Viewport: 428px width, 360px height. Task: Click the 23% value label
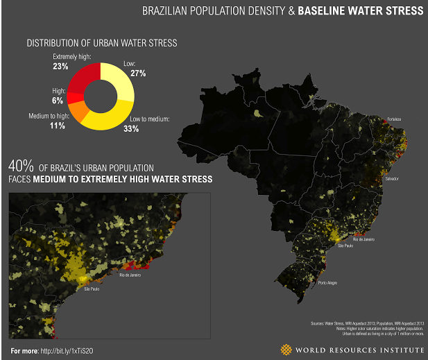tap(60, 67)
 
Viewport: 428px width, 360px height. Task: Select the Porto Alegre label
tap(327, 284)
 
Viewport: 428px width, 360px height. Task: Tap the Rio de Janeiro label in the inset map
tap(130, 275)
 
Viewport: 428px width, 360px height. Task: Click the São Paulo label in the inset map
tap(92, 289)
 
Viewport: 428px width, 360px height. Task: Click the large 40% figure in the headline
tap(21, 167)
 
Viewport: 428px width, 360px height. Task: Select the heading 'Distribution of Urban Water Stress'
tap(102, 43)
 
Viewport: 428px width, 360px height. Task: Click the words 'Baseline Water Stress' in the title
tap(360, 11)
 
